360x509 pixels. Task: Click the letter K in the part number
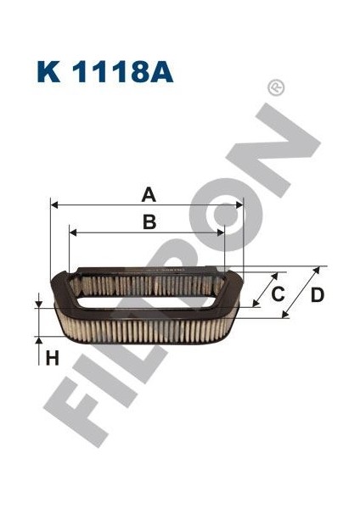pyautogui.click(x=47, y=70)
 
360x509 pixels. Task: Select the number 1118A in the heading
pyautogui.click(x=122, y=70)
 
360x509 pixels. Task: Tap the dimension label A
pyautogui.click(x=148, y=195)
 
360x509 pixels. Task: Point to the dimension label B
pyautogui.click(x=149, y=223)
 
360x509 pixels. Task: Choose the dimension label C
pyautogui.click(x=277, y=294)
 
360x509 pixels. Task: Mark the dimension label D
pyautogui.click(x=317, y=294)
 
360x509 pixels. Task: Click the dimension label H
pyautogui.click(x=52, y=358)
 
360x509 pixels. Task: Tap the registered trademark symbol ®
pyautogui.click(x=275, y=87)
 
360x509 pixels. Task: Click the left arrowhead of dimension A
pyautogui.click(x=54, y=205)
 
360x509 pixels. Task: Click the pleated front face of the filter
pyautogui.click(x=144, y=326)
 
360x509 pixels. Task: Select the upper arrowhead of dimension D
pyautogui.click(x=318, y=268)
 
